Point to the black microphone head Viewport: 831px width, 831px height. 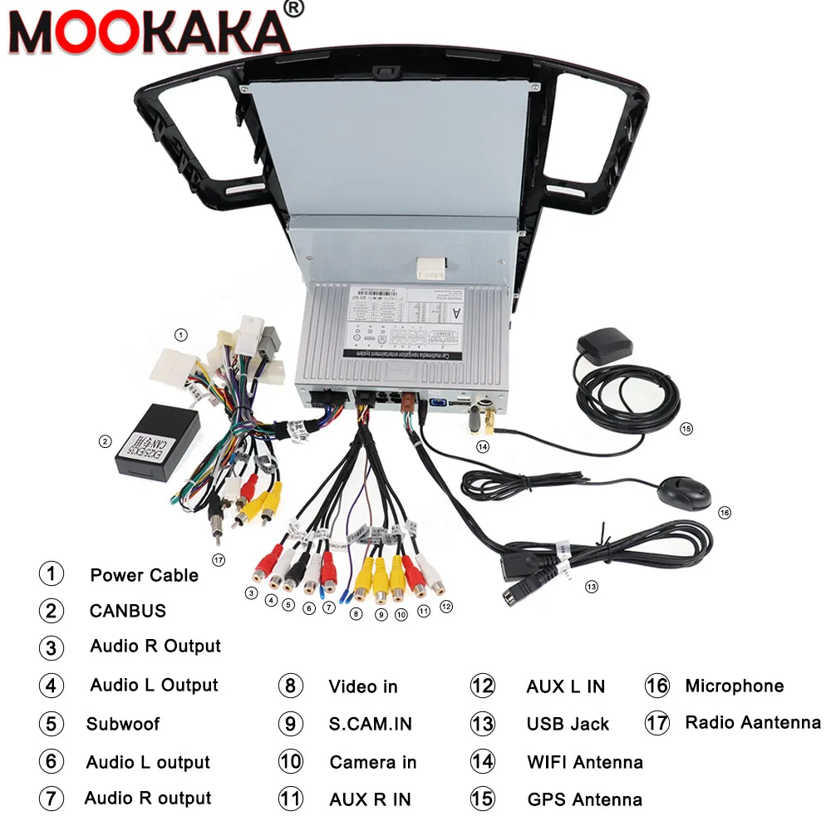[x=687, y=493]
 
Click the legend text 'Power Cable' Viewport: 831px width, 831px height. [x=144, y=575]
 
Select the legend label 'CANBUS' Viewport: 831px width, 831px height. [x=128, y=611]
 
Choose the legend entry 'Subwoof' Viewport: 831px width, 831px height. [x=123, y=724]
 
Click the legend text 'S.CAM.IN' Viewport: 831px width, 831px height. [x=370, y=724]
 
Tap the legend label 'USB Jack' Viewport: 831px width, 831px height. [x=568, y=725]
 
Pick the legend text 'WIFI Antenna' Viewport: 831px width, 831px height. [x=584, y=762]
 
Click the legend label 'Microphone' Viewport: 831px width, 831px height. [x=734, y=686]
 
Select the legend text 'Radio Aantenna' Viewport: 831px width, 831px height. [x=752, y=722]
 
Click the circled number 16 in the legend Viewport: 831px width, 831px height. [x=656, y=686]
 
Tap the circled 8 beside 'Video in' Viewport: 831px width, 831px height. [x=290, y=686]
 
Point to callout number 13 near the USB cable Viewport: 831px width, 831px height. [x=591, y=587]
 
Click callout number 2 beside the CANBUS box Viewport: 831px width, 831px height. [x=105, y=441]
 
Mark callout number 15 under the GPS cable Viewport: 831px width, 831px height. [x=686, y=429]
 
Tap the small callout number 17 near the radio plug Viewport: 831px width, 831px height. [x=219, y=560]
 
